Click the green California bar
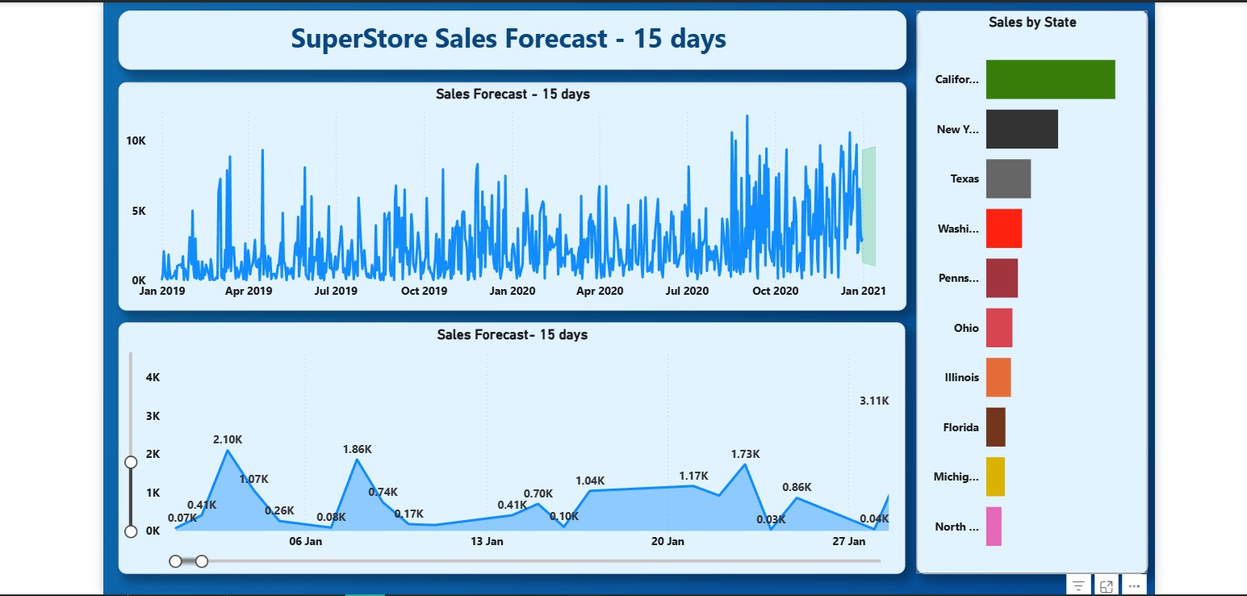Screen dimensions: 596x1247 [x=1050, y=79]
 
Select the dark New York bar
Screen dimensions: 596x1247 [x=1021, y=129]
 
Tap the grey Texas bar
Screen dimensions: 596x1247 [x=1008, y=178]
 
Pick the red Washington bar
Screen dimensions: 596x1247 [x=1003, y=229]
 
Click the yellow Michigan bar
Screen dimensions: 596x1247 [x=995, y=476]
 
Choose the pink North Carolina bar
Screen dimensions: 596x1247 [x=994, y=527]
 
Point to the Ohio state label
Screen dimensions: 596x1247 [x=965, y=328]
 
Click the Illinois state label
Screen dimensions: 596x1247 [x=961, y=377]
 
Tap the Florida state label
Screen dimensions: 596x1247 [x=960, y=427]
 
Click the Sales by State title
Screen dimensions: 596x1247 [x=1032, y=23]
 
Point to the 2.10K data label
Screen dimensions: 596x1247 [x=228, y=439]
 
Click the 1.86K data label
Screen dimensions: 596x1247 [x=357, y=449]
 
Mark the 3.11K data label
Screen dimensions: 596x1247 [x=874, y=401]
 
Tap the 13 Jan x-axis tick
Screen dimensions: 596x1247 [x=487, y=541]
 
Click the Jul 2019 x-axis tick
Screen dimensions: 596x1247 [x=334, y=291]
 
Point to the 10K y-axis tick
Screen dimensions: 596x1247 [x=136, y=141]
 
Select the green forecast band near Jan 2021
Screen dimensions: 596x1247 [x=868, y=206]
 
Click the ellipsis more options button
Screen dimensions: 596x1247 [x=1134, y=586]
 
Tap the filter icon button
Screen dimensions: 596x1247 [x=1078, y=586]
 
